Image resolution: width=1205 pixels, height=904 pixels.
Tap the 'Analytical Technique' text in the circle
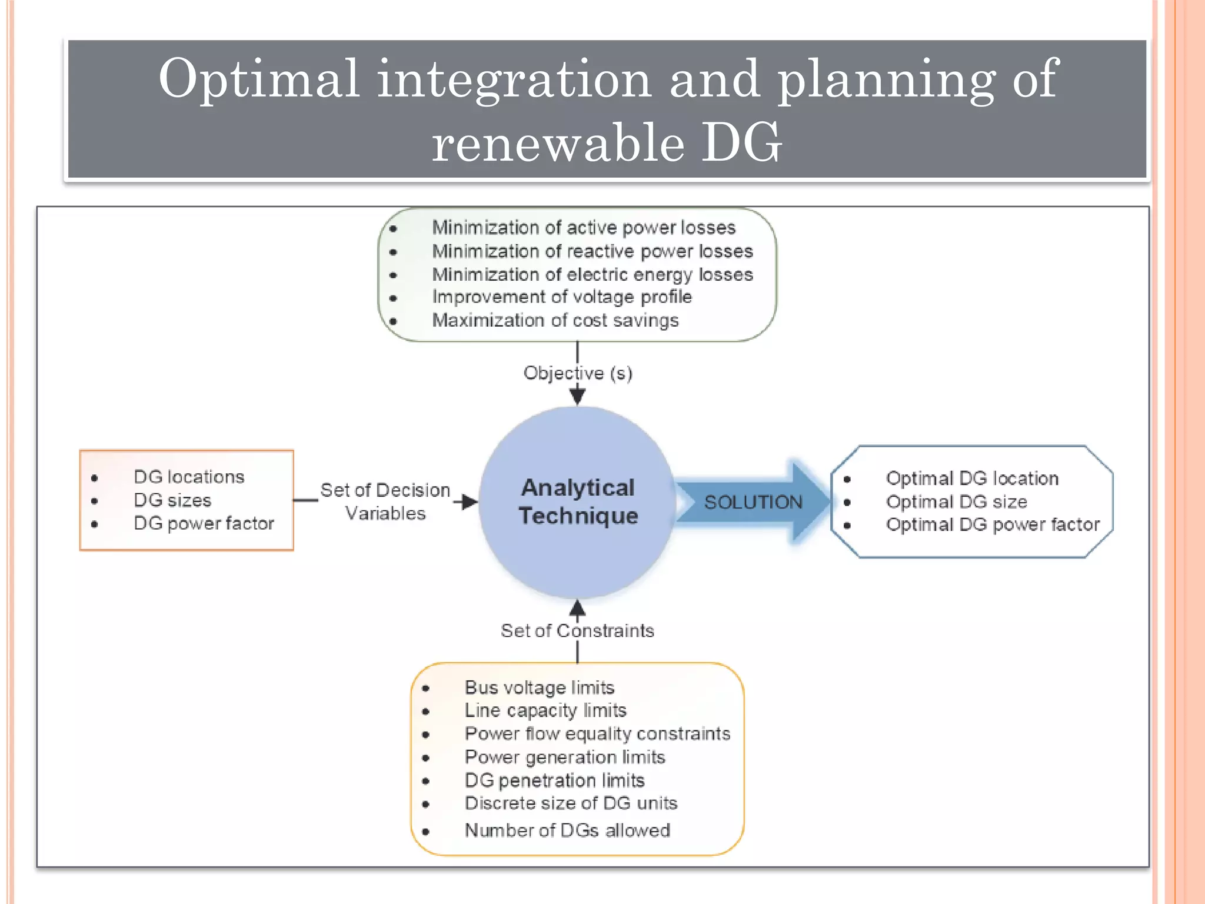578,501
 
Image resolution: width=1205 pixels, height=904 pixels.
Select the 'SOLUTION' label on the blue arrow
753,502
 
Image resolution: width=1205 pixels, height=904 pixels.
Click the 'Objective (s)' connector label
578,373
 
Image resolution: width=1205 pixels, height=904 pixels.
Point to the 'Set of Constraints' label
577,631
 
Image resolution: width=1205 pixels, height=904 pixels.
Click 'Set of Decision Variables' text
385,501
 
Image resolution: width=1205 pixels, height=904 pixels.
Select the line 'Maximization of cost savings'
555,320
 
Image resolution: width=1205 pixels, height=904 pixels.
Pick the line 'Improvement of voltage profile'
561,297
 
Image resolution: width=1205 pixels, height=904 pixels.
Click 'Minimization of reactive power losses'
592,251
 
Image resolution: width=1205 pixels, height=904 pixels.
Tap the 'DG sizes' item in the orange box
172,500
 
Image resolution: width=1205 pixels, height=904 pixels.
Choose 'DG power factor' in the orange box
204,523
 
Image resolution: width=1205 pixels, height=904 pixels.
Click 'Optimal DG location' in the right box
972,478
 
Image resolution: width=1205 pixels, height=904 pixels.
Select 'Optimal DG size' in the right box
956,502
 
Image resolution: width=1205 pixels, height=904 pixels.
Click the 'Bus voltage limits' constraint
539,687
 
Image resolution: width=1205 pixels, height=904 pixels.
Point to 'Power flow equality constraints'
597,734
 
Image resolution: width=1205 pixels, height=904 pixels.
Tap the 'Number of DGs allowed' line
567,830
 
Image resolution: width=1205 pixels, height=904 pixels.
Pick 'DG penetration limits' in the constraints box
554,780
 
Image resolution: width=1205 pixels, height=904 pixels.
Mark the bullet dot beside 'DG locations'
95,478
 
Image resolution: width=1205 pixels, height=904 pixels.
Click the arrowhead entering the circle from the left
470,502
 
